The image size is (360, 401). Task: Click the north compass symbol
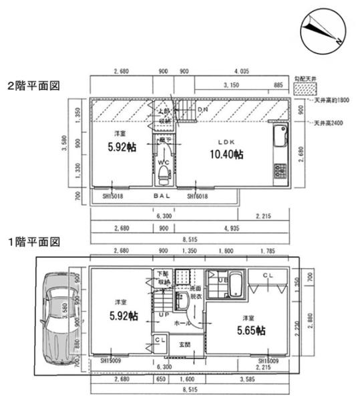point(323,32)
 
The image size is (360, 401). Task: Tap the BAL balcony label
point(162,196)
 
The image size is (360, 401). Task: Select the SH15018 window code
point(114,196)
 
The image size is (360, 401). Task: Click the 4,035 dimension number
point(241,71)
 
